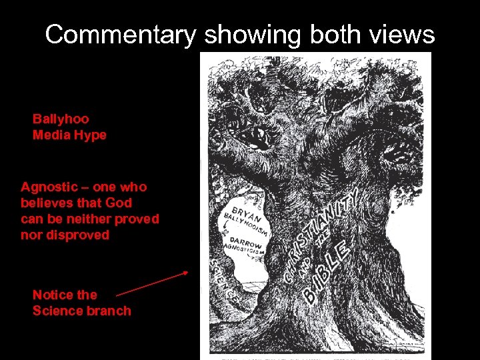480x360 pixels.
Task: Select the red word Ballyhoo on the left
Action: (61, 119)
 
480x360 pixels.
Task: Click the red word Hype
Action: (91, 135)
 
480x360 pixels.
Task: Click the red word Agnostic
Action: (48, 187)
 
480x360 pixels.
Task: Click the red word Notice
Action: (55, 295)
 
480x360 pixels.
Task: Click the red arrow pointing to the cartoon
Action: (152, 283)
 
